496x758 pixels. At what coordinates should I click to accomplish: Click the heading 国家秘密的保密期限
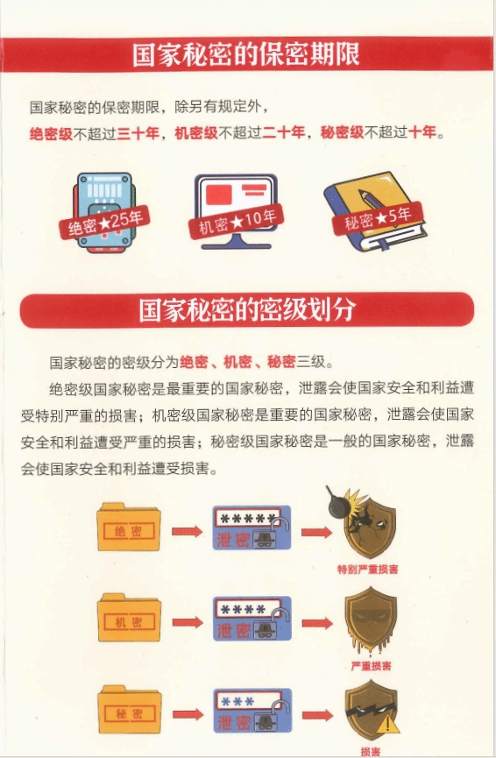pos(246,53)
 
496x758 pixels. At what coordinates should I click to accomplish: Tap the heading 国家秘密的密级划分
pos(247,309)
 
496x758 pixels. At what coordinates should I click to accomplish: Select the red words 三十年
pos(138,132)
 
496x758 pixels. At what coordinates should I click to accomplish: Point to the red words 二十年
pos(284,132)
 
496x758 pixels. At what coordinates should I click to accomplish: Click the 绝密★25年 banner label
pos(105,223)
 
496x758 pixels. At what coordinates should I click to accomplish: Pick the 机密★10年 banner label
pos(236,221)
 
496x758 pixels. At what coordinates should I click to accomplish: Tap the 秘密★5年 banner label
pos(378,218)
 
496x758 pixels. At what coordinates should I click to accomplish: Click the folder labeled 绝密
pos(129,528)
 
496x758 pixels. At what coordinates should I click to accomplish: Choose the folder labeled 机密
pos(129,619)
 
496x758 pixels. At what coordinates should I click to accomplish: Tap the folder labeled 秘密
pos(130,710)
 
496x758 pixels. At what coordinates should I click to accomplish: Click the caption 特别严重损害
pos(368,569)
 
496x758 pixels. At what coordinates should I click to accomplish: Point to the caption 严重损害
pos(372,666)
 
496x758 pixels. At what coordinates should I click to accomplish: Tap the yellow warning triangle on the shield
pos(387,724)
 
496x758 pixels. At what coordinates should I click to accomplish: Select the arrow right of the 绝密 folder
pos(187,532)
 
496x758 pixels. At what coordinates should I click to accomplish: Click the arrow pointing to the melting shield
pos(317,623)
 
